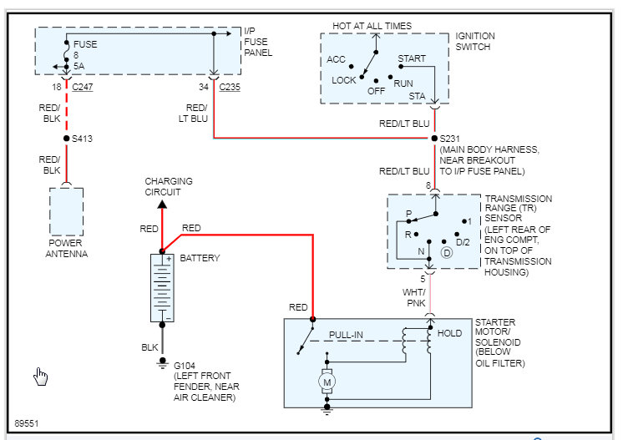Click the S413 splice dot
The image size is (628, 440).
[x=67, y=139]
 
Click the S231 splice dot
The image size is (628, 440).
[x=434, y=138]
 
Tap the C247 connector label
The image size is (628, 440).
[x=83, y=86]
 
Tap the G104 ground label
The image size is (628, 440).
[x=184, y=365]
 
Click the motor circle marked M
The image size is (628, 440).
[x=327, y=382]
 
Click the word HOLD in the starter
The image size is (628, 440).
[x=449, y=333]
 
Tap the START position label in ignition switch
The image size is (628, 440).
[x=412, y=59]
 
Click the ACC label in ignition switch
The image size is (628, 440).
[x=337, y=59]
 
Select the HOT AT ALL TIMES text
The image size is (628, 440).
[x=372, y=26]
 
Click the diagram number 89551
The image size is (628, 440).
[x=27, y=423]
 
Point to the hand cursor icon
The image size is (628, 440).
[x=41, y=377]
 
